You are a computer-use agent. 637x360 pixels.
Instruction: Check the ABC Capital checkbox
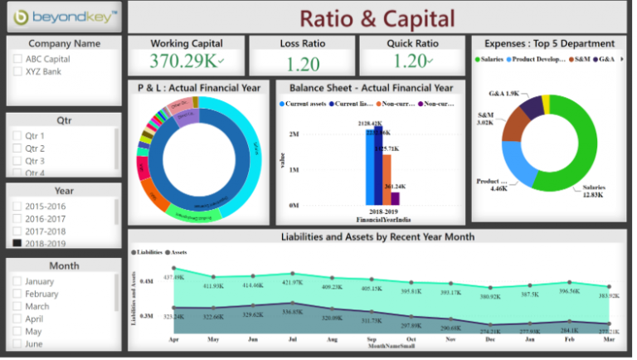coord(18,59)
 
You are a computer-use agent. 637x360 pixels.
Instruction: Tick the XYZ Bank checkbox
coord(18,71)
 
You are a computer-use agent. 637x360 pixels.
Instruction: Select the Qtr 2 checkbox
coord(17,148)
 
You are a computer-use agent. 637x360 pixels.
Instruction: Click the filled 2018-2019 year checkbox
coord(17,243)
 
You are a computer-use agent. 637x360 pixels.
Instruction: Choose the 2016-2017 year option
coord(17,218)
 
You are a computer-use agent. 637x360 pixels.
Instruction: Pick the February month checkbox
coord(17,294)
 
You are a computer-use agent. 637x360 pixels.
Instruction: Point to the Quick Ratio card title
coord(412,43)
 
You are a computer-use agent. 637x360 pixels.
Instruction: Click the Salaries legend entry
coord(494,59)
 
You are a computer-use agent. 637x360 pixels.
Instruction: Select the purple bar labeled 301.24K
coord(395,197)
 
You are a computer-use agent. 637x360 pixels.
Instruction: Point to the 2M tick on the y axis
coord(294,134)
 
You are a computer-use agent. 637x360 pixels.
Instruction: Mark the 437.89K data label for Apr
coord(174,277)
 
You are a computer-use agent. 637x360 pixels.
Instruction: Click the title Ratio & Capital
coord(377,17)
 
